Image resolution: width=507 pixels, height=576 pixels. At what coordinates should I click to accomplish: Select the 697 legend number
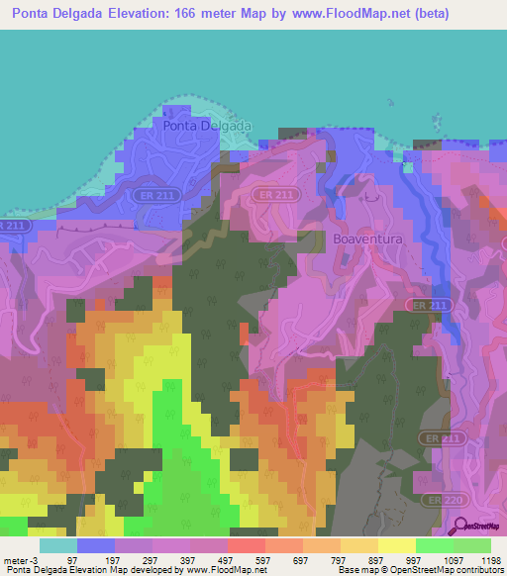(x=299, y=560)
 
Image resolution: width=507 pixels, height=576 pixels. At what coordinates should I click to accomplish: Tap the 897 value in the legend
(x=375, y=560)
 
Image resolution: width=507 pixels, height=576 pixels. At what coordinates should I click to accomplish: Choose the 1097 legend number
(x=451, y=560)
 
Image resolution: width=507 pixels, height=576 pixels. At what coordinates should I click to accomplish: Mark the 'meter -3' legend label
(x=19, y=560)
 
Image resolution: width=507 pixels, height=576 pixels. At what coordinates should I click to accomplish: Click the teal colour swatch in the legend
(x=57, y=545)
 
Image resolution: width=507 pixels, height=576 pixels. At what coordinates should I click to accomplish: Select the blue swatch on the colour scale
(x=96, y=545)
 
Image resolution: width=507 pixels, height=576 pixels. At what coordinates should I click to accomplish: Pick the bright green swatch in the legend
(x=434, y=545)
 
